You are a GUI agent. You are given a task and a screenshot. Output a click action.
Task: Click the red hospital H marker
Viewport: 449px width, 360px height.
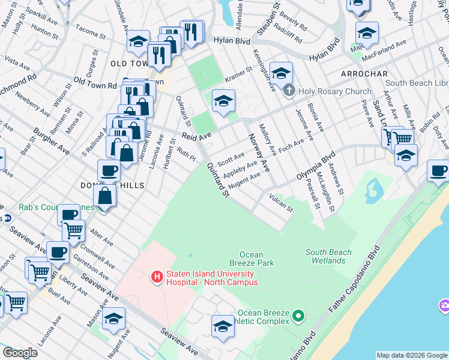(x=157, y=277)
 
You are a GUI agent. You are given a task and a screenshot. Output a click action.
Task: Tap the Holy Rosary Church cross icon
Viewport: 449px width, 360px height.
(x=289, y=91)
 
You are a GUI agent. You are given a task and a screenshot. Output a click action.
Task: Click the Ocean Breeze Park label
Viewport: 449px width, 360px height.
(x=252, y=259)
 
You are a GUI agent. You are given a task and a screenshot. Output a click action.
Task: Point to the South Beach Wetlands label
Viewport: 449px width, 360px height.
(x=328, y=256)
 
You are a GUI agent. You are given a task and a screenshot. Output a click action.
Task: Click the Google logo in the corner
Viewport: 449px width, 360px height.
(x=20, y=353)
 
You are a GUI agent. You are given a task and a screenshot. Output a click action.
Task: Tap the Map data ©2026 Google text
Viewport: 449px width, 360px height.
(x=411, y=355)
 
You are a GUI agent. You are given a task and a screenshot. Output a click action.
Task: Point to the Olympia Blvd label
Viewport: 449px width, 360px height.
(x=315, y=167)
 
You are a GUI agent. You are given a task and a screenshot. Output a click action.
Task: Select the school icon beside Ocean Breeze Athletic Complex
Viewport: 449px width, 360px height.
(x=223, y=326)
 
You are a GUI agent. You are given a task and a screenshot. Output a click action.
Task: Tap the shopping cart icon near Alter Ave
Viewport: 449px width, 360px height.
(x=73, y=229)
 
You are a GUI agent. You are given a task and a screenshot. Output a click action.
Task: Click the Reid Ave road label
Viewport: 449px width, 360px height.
(x=197, y=136)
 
